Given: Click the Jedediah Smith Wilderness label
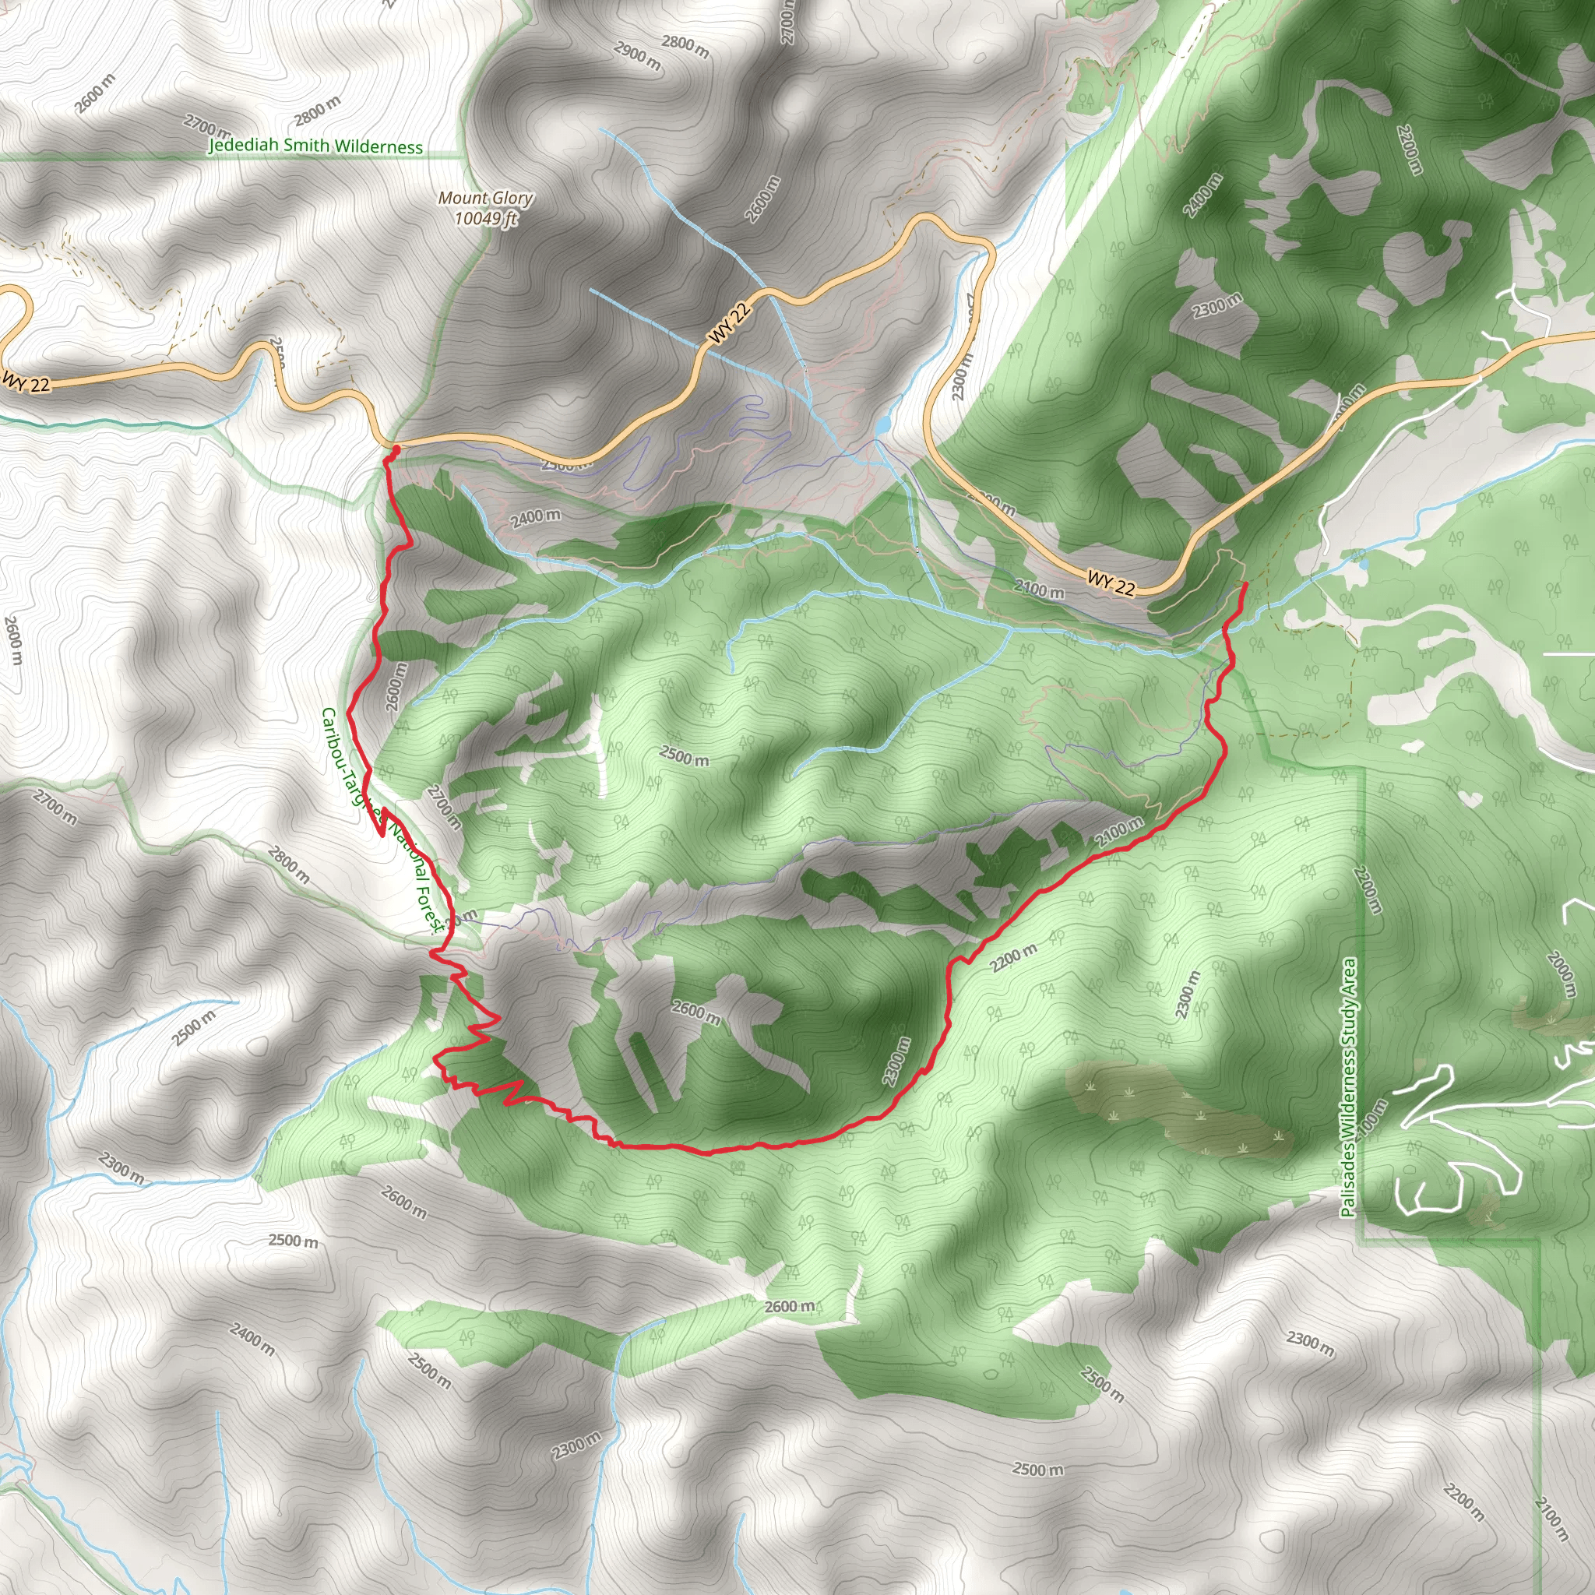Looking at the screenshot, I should point(315,146).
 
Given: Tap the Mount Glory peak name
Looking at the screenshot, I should point(484,198).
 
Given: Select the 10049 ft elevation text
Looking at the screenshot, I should point(485,218).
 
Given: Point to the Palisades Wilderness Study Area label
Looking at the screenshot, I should point(1348,1087).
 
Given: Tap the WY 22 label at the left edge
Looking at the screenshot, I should point(26,382).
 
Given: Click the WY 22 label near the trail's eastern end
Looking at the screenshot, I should point(1111,582).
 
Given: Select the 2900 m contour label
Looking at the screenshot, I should point(637,55).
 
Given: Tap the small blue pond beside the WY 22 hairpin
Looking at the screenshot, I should point(884,424).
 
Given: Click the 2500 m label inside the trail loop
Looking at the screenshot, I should point(684,755).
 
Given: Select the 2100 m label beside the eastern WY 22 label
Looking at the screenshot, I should point(1039,590).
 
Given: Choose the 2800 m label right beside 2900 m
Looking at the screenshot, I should point(685,46).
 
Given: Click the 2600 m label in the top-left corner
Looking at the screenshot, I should point(95,93).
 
